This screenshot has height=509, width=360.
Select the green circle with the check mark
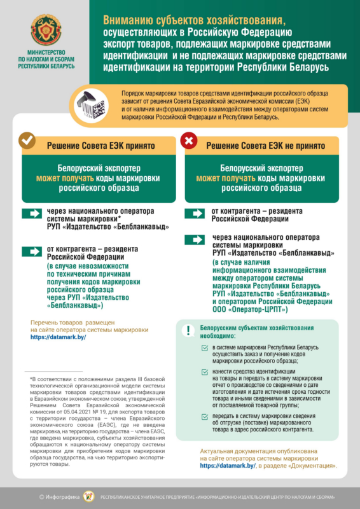click(x=27, y=141)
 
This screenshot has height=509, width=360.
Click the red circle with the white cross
click(x=190, y=141)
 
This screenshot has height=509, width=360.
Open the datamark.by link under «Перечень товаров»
click(x=58, y=337)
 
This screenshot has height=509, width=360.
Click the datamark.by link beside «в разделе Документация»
click(x=228, y=466)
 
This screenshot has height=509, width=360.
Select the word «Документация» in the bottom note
click(x=312, y=466)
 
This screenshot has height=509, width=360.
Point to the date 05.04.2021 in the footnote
click(x=73, y=412)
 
